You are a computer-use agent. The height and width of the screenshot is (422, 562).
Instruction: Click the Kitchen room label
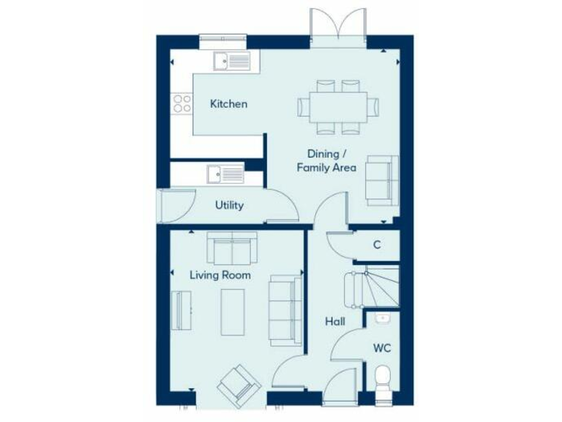(228, 104)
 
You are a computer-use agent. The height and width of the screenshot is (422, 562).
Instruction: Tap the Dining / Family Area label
(326, 160)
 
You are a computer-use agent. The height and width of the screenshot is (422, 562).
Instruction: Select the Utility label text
(229, 206)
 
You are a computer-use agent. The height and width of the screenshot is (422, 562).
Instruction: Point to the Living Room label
(220, 275)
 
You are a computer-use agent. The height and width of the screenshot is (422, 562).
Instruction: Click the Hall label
(336, 321)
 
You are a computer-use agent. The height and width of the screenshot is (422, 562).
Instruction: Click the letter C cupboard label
(377, 245)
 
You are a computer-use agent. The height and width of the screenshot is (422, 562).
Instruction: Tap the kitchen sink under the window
(231, 60)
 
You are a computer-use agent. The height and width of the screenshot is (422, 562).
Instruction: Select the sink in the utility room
(225, 174)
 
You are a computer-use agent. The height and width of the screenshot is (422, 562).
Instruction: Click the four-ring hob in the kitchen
(180, 103)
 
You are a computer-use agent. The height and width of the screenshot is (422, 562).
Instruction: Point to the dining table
(339, 106)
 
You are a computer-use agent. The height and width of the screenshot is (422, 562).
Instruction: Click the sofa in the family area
(382, 179)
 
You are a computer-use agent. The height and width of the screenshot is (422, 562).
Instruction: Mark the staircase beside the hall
(372, 289)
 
